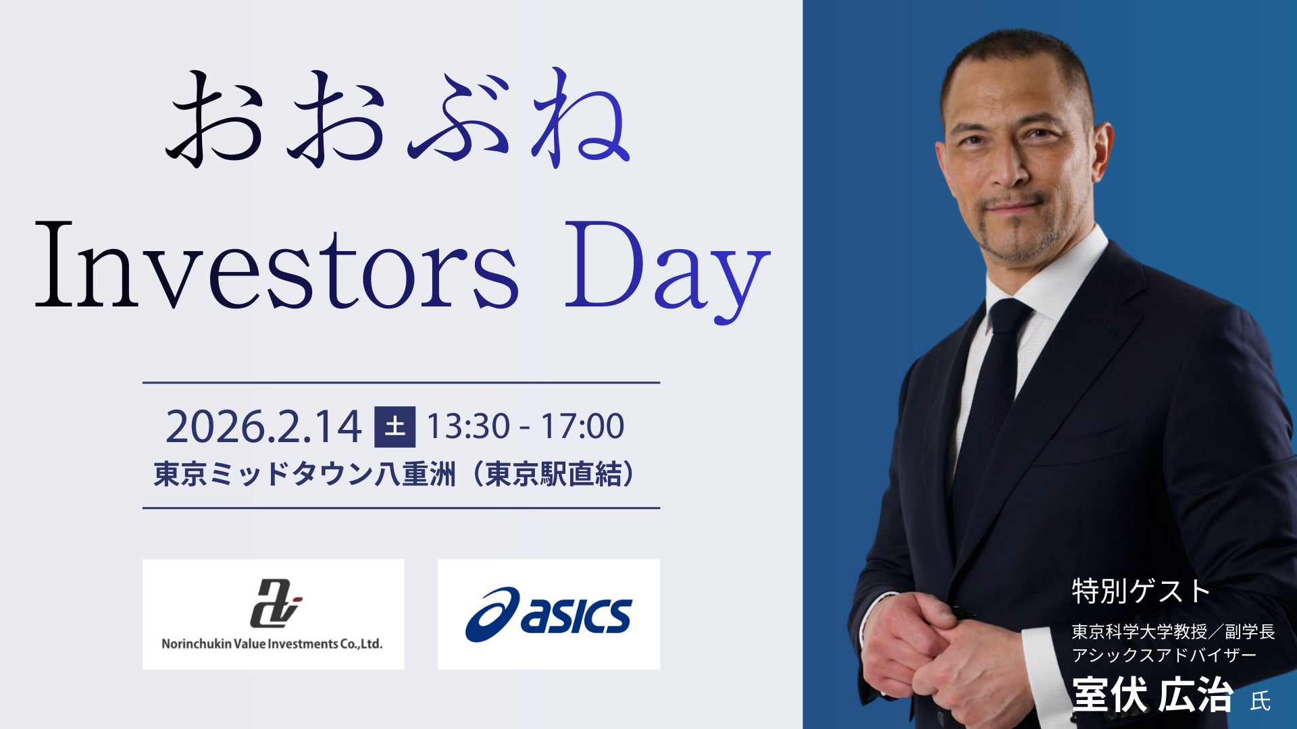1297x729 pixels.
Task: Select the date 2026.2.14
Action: coord(263,427)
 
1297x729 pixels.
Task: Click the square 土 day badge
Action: coord(395,427)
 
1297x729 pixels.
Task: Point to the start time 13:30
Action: coord(467,427)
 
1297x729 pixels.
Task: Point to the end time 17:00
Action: coord(582,427)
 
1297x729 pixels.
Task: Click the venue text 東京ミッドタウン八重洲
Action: coord(304,474)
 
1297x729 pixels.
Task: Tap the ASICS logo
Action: coord(549,614)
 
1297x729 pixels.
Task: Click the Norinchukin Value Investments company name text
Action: coord(272,644)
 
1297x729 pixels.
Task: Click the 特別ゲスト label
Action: coord(1140,591)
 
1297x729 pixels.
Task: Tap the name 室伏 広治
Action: coord(1152,695)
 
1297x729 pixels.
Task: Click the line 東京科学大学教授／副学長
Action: coord(1173,632)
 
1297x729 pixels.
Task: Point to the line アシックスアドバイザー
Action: coord(1163,655)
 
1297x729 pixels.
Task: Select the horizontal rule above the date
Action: coord(401,383)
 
